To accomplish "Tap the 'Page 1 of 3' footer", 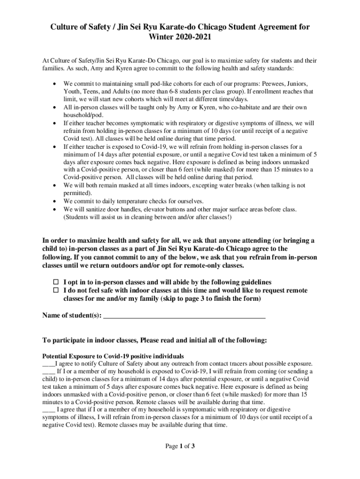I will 180,446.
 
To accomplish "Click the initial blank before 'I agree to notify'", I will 49,364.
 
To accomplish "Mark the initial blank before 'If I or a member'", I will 49,372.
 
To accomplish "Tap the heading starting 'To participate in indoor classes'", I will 154,340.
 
